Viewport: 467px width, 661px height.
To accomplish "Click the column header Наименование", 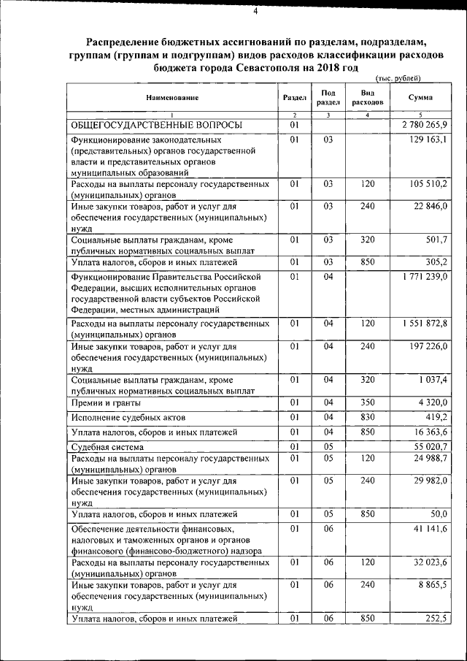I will (x=171, y=97).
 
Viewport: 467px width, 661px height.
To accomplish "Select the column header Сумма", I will (x=420, y=97).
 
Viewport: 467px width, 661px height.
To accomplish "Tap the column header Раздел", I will (x=294, y=97).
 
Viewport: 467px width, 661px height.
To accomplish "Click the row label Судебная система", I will (x=107, y=446).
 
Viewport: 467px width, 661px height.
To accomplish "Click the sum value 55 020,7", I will (x=428, y=446).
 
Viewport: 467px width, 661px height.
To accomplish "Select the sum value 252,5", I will (x=433, y=619).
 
